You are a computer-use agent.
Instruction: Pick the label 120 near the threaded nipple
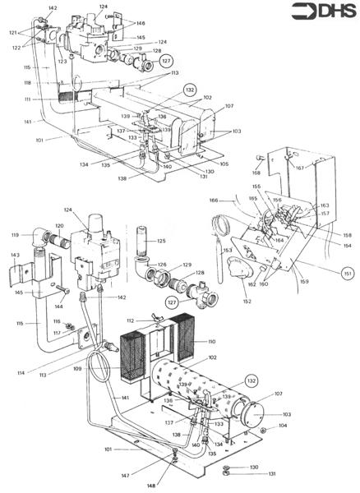pos(59,225)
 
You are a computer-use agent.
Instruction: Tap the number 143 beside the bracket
pos(14,256)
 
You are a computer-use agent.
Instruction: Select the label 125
pos(161,242)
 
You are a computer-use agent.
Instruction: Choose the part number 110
pos(210,341)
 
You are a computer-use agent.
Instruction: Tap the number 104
pos(283,427)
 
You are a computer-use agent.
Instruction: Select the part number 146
pos(141,24)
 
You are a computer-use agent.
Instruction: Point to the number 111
pos(27,99)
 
